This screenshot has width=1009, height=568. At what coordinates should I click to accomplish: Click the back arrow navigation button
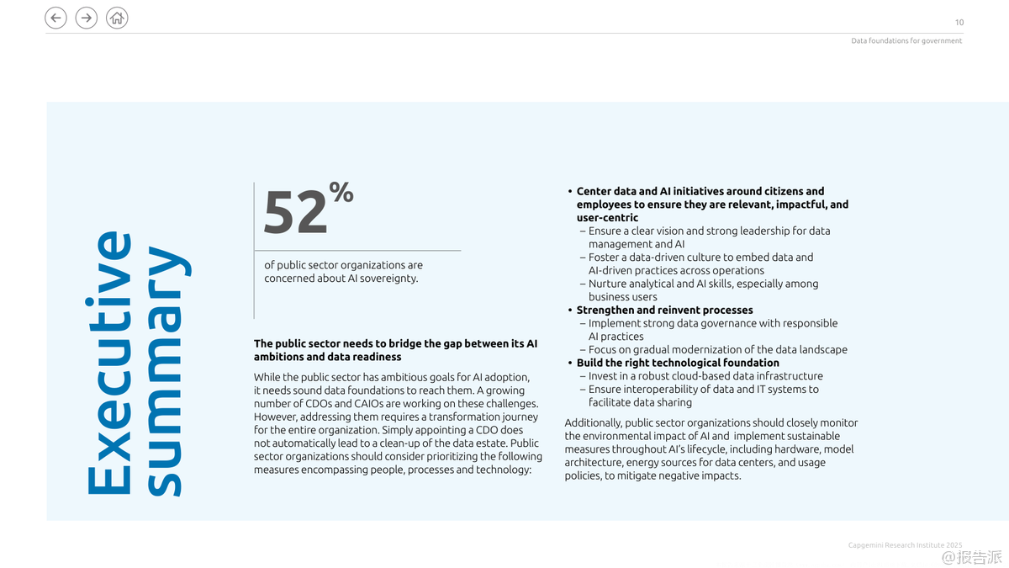tap(55, 18)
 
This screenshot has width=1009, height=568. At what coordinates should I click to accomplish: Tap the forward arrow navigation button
tap(87, 18)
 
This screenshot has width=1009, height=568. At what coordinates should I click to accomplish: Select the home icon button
tap(117, 18)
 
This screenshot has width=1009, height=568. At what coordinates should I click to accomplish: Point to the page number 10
tap(959, 23)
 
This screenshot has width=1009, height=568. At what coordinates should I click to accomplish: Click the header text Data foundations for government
tap(906, 40)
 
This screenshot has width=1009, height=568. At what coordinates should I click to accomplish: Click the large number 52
tap(294, 214)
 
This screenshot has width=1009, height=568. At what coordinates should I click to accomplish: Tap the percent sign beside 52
tap(341, 193)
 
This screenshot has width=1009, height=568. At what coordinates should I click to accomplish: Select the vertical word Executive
tap(108, 363)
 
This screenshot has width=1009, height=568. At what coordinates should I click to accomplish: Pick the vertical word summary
tap(164, 370)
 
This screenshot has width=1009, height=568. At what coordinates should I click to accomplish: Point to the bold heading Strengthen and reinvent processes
tap(664, 310)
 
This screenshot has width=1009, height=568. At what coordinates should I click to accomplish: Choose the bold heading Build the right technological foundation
tap(678, 363)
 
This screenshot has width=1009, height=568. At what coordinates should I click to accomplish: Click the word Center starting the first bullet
tap(594, 191)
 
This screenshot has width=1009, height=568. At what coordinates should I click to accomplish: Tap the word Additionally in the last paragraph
tap(592, 422)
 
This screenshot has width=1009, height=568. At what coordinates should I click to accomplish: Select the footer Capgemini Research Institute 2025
tap(905, 545)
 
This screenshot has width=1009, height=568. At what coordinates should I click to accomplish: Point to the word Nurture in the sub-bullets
tap(608, 284)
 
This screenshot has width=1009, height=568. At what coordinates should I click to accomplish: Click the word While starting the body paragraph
tap(268, 377)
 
